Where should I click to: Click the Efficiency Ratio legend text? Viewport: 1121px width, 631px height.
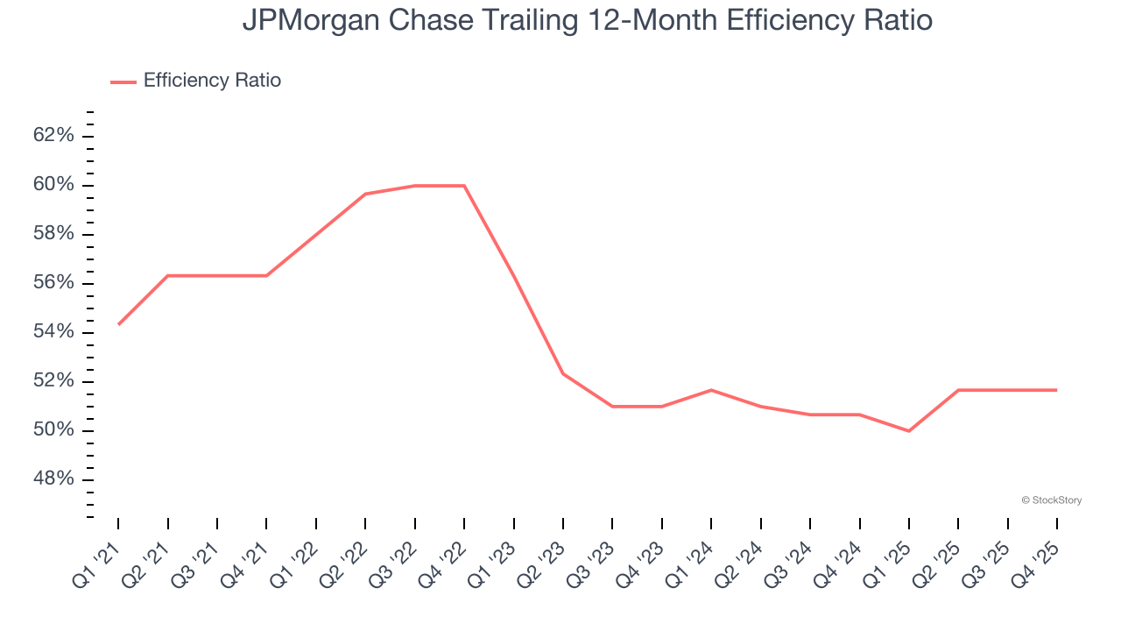pyautogui.click(x=212, y=81)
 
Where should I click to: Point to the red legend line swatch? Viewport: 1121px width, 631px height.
pyautogui.click(x=123, y=82)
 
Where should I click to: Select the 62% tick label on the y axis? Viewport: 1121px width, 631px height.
pyautogui.click(x=53, y=136)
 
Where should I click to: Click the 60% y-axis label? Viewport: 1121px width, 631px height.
pyautogui.click(x=53, y=185)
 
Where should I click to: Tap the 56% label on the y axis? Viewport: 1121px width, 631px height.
pyautogui.click(x=53, y=283)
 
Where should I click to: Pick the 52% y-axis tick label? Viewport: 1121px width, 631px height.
pyautogui.click(x=53, y=381)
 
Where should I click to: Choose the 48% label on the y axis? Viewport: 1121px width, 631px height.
pyautogui.click(x=53, y=479)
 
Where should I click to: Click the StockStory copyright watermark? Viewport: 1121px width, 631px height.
pyautogui.click(x=1051, y=500)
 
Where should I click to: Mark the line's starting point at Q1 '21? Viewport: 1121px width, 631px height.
pyautogui.click(x=118, y=324)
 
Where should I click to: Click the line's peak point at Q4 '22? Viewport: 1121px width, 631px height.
pyautogui.click(x=464, y=186)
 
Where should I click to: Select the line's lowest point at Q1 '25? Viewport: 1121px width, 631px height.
pyautogui.click(x=909, y=430)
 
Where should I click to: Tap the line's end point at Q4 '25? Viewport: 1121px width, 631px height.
pyautogui.click(x=1057, y=390)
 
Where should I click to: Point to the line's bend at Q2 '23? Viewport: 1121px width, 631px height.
pyautogui.click(x=563, y=373)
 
